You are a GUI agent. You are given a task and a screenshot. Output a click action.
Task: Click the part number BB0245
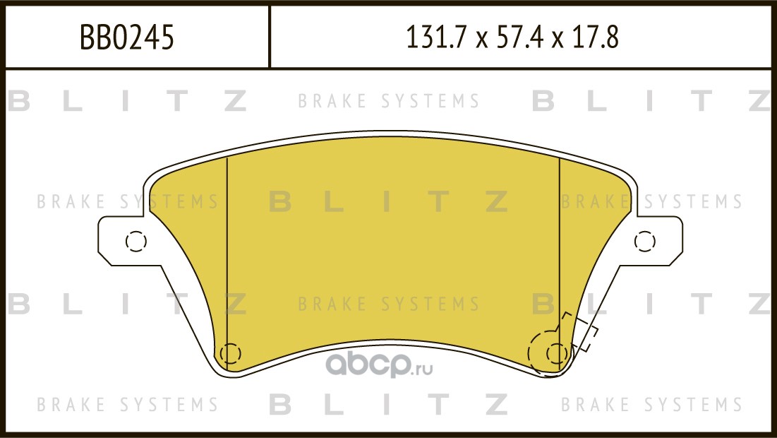[127, 37]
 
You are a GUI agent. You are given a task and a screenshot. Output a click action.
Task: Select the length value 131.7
[436, 37]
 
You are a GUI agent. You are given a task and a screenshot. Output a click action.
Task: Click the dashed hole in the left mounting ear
[135, 241]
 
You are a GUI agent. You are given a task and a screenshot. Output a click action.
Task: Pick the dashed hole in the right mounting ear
[645, 241]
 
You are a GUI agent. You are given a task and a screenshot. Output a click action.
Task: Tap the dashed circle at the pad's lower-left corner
[230, 354]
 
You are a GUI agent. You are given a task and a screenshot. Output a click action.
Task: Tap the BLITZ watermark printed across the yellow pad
[389, 202]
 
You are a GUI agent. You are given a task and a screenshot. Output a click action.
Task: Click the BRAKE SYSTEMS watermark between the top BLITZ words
[389, 101]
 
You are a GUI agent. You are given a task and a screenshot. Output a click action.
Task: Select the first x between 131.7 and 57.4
[482, 40]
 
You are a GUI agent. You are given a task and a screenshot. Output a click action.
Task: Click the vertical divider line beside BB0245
[269, 37]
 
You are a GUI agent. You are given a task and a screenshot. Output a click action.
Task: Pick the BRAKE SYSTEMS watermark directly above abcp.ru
[389, 304]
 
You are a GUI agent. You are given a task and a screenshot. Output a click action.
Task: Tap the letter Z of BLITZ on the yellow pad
[496, 202]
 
